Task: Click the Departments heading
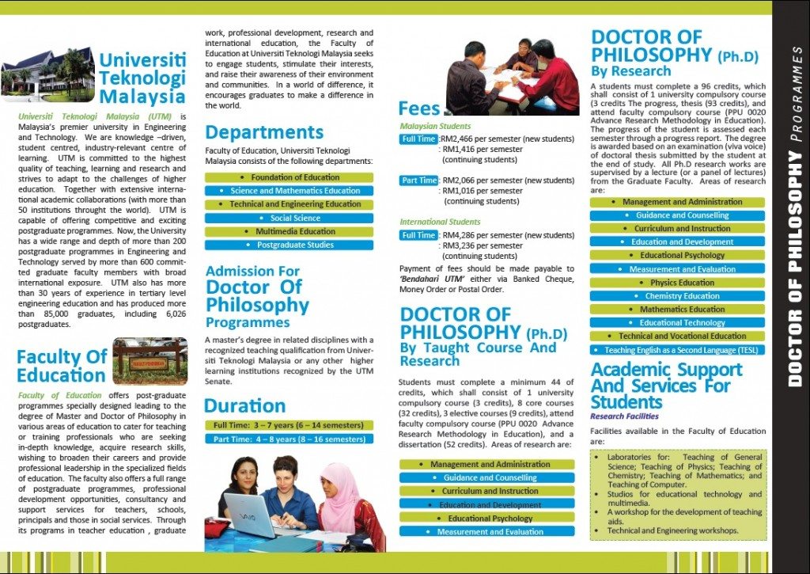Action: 264,132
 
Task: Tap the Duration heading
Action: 244,406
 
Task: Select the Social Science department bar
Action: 289,218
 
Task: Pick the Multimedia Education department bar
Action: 289,231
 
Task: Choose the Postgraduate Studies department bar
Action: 289,245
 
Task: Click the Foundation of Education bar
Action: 289,177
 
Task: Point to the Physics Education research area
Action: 678,283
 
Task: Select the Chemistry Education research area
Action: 678,296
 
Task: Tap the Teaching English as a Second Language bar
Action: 678,350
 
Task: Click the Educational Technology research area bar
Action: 678,323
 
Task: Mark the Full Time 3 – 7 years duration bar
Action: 289,425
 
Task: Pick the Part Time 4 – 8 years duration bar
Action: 289,439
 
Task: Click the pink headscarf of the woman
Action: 340,491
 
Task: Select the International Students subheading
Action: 440,222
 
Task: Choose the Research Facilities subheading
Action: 624,416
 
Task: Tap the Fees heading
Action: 419,108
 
